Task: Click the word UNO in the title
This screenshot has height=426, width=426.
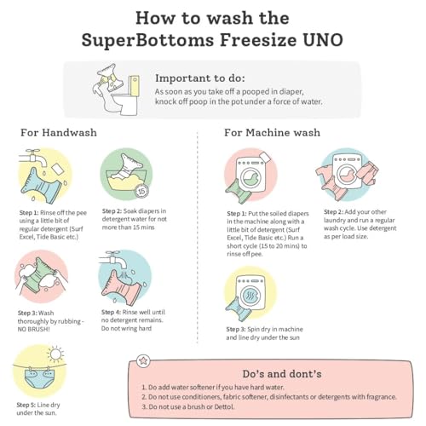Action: coord(322,40)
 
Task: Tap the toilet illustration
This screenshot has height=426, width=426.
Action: coord(126,95)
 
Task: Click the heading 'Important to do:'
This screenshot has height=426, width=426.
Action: coord(200,78)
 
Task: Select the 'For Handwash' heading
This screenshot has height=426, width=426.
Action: coord(59,132)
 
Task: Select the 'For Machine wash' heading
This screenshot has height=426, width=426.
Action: coord(272,132)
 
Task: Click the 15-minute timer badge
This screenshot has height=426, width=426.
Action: coord(141,191)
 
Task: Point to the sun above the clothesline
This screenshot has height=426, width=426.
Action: coord(55,354)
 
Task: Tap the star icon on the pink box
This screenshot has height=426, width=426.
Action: coord(143,361)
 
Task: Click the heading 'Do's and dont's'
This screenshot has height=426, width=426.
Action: coord(282,374)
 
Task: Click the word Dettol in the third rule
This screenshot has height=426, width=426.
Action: coord(224,406)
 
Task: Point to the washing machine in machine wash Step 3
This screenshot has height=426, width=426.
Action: coord(250,292)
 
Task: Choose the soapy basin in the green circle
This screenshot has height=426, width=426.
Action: coord(127,181)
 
